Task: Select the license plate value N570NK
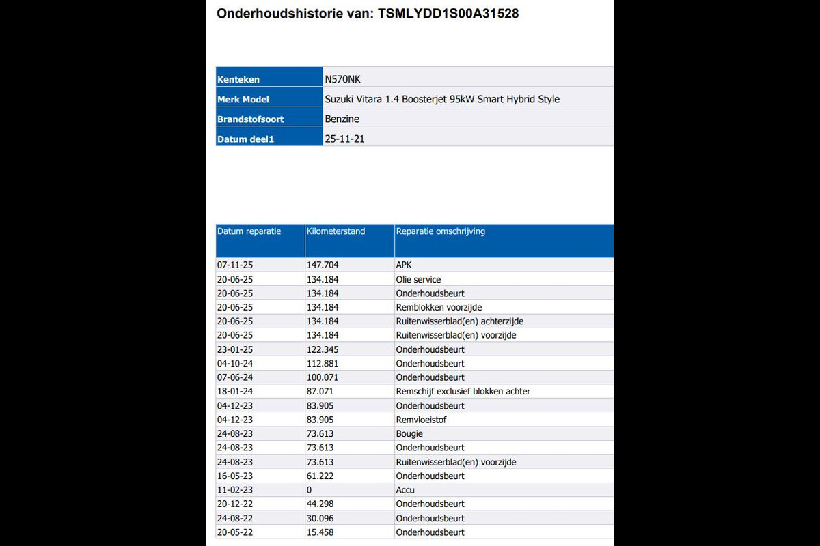coord(342,79)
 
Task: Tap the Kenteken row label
coord(238,80)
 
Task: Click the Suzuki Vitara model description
coord(442,99)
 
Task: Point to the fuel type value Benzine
coord(342,119)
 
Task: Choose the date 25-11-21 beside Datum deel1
coord(345,139)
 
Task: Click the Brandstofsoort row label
coord(250,119)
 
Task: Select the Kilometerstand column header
coord(336,231)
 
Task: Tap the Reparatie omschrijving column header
coord(441,231)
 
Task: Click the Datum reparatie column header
coord(249,231)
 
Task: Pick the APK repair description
coord(404,265)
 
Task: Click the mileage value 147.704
coord(323,265)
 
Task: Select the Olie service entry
coord(418,279)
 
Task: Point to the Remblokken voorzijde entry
coord(439,307)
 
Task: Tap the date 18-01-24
coord(235,392)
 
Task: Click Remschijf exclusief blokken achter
coord(463,392)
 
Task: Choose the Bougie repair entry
coord(409,434)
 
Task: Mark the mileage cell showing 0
coord(310,490)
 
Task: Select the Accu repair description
coord(405,490)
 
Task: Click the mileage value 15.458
coord(320,532)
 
